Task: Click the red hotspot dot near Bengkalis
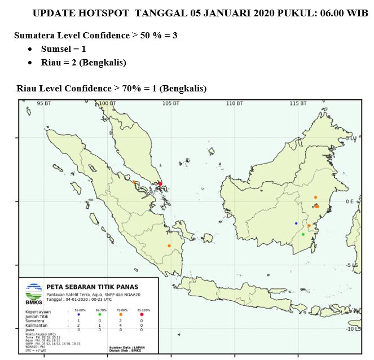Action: (160, 183)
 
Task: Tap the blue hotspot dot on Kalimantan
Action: (296, 223)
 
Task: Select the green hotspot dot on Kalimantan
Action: (303, 234)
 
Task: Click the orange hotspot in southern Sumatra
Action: (169, 245)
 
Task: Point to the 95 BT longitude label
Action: (44, 104)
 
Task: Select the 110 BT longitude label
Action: (235, 104)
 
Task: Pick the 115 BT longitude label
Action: (298, 104)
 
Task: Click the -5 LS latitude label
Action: (353, 265)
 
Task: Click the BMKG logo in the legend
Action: (34, 293)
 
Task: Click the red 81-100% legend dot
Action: (142, 314)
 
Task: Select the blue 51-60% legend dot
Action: (78, 314)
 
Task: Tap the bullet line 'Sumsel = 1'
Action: (63, 49)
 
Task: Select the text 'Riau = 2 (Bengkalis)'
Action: (83, 63)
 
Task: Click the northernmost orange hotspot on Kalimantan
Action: (315, 197)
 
